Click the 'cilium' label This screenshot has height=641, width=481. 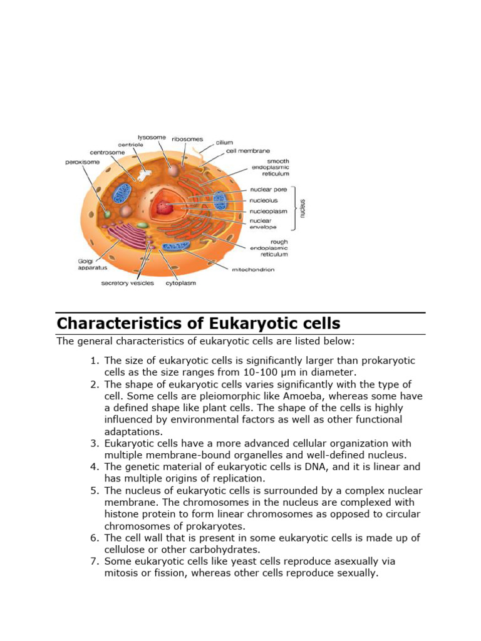click(x=224, y=142)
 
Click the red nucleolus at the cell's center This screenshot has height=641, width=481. click(x=165, y=207)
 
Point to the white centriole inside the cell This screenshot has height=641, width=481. click(x=145, y=177)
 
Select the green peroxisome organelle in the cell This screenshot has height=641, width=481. click(x=107, y=213)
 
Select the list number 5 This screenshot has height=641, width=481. click(x=95, y=490)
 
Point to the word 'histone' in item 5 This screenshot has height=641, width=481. click(x=122, y=514)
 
